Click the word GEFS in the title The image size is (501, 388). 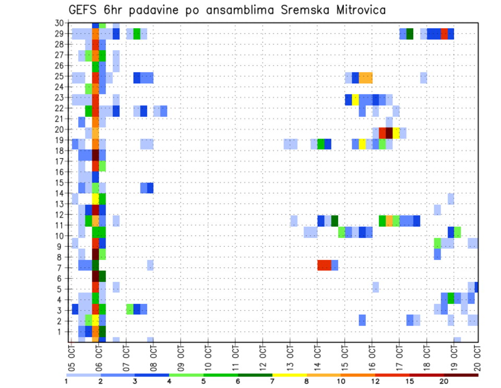(x=86, y=10)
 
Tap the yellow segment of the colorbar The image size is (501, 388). (x=290, y=375)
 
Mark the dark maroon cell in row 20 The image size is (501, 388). (x=389, y=133)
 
